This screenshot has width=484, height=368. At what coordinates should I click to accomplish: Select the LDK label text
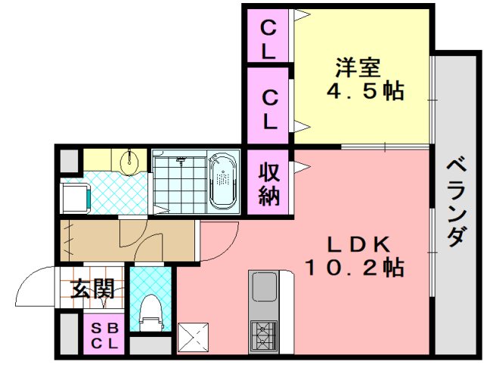point(358,244)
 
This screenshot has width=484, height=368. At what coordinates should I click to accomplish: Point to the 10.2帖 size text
point(354,267)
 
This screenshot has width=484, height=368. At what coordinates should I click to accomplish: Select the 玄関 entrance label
point(93,289)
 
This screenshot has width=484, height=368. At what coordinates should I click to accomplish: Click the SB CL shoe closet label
point(105,334)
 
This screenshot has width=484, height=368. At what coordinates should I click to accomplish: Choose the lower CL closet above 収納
point(268,109)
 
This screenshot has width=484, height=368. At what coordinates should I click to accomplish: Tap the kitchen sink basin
point(264,287)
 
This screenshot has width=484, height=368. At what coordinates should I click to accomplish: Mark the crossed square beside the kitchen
point(193,336)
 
